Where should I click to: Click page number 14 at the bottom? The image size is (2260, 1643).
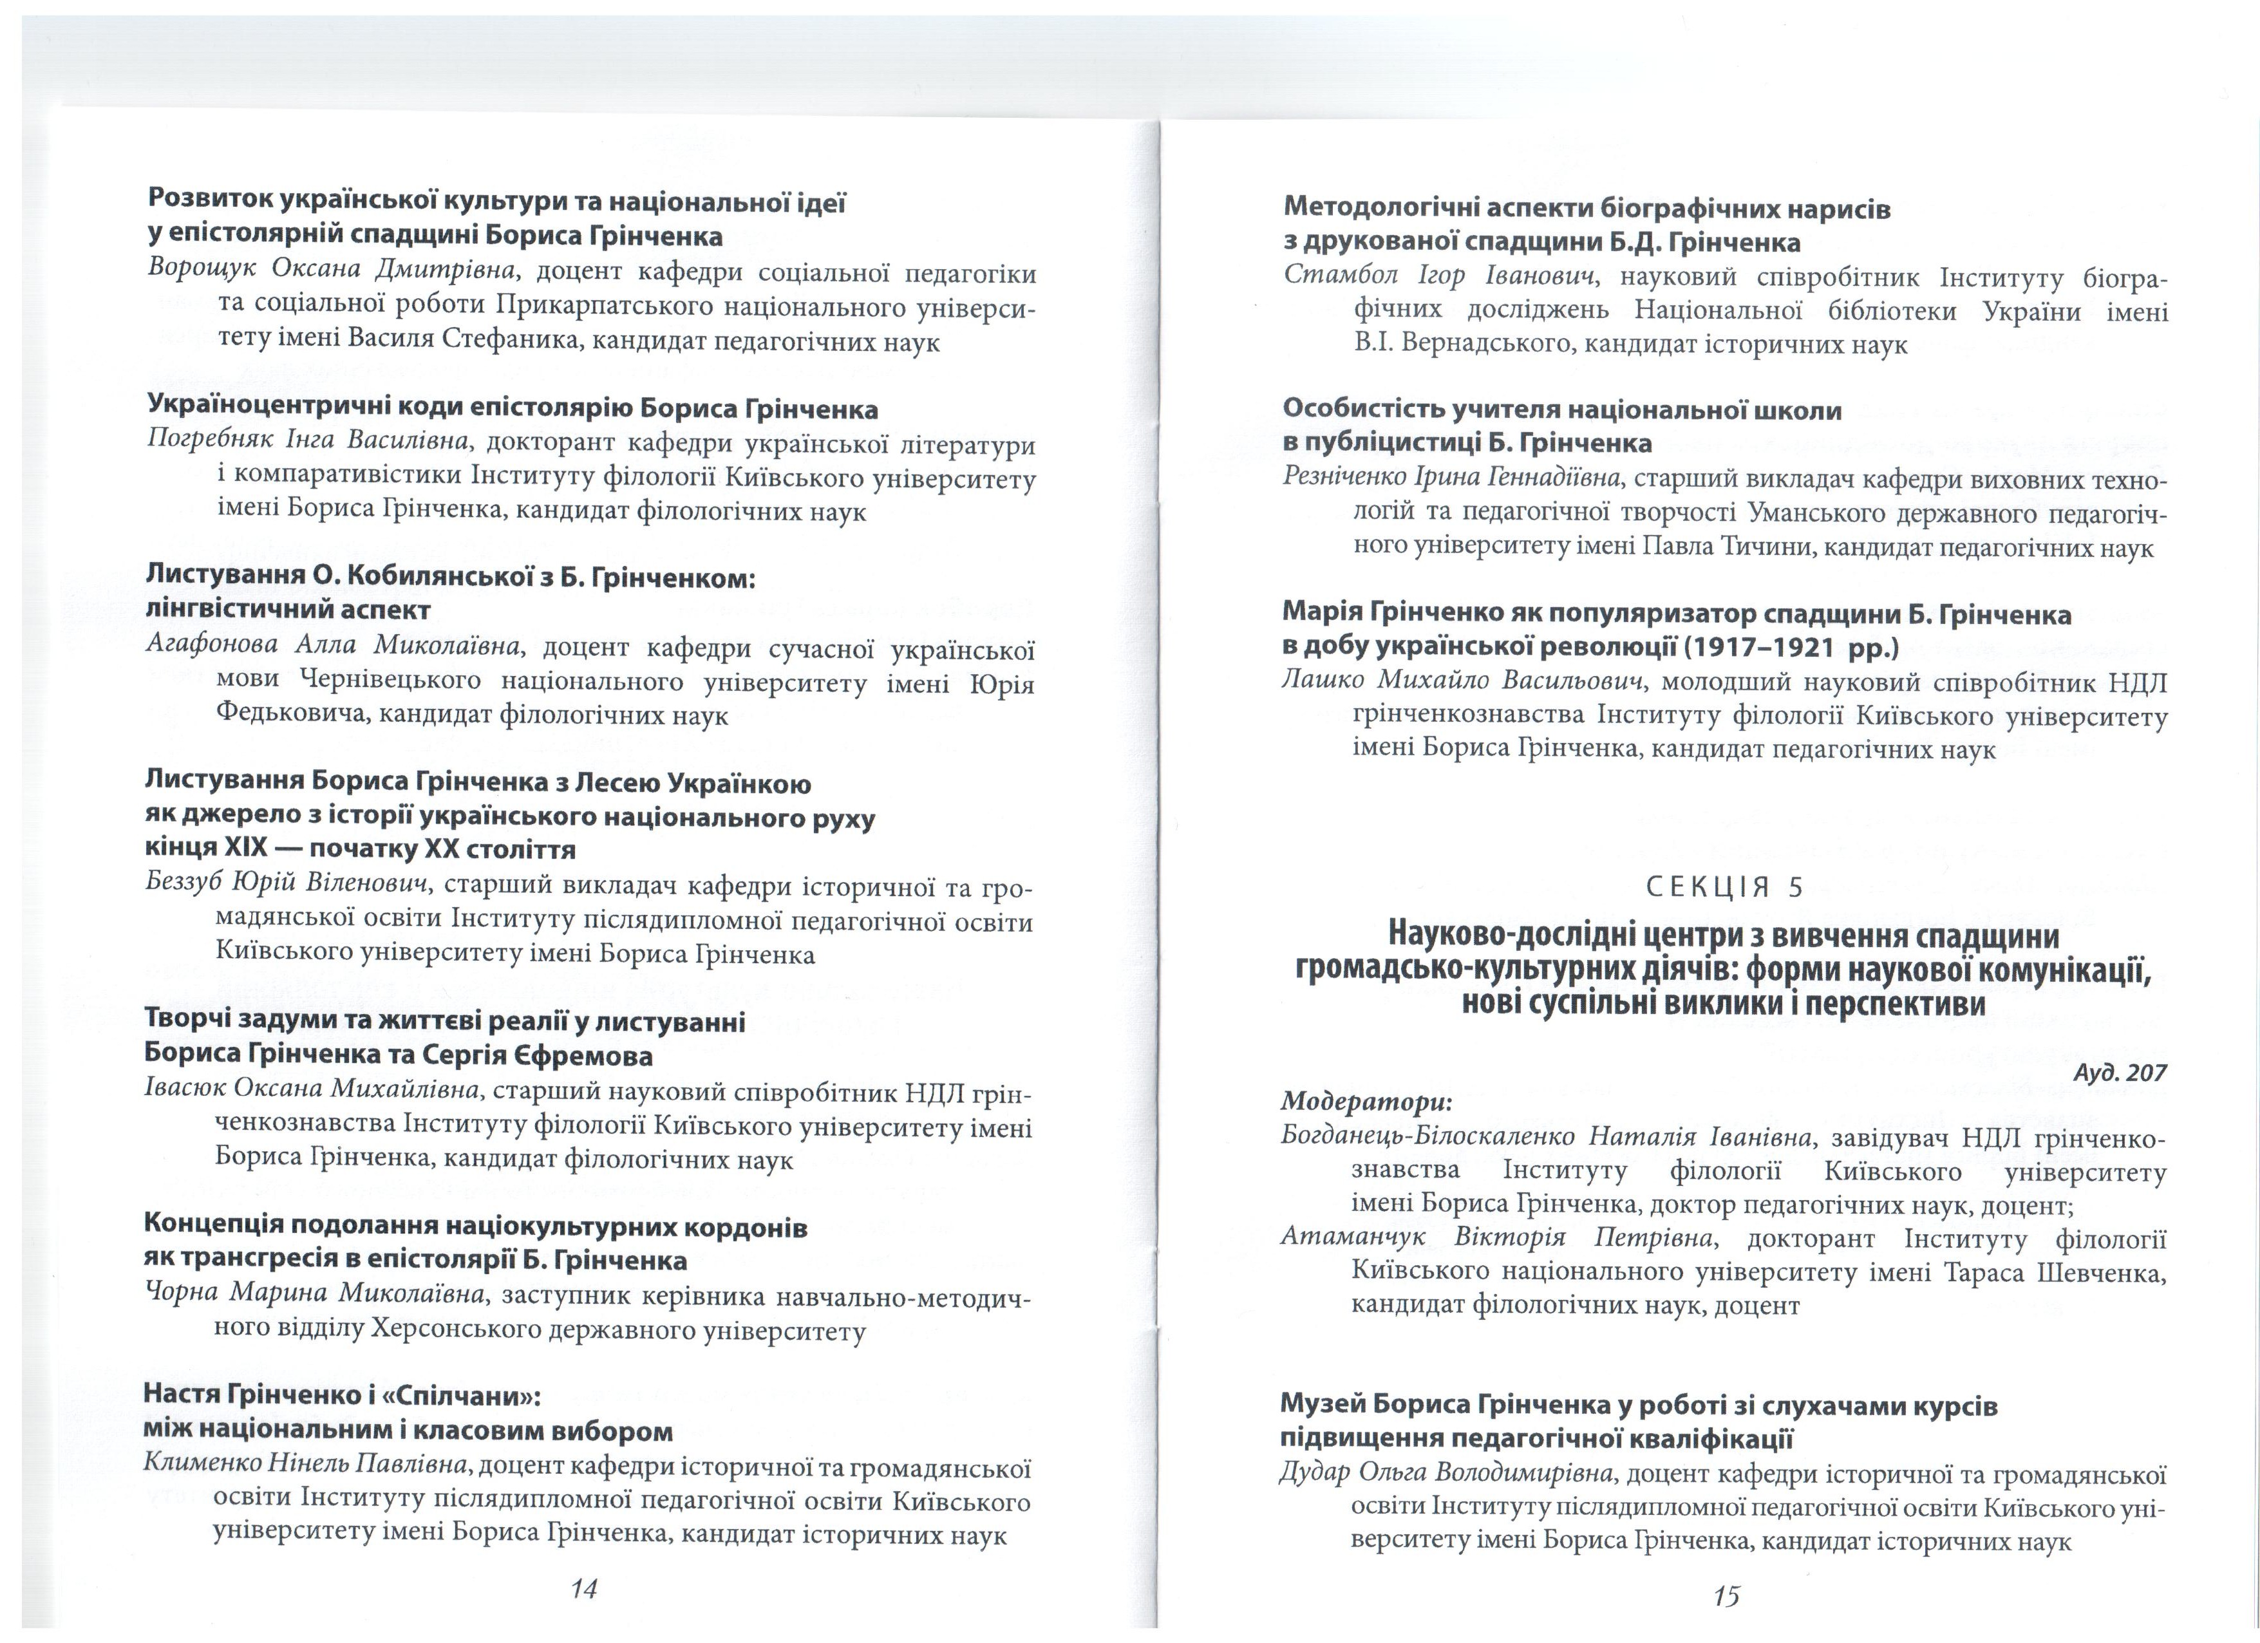click(x=584, y=1588)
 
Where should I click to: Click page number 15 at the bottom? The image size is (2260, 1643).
click(x=1726, y=1596)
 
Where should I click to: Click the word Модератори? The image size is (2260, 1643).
click(x=1366, y=1102)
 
